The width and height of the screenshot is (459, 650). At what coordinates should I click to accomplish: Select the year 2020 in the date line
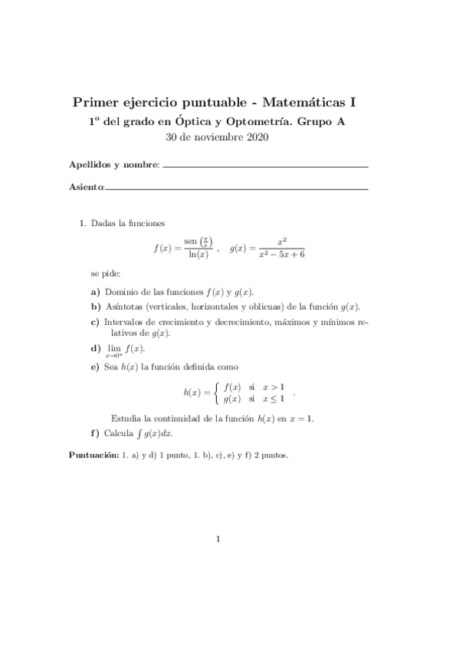[x=257, y=138]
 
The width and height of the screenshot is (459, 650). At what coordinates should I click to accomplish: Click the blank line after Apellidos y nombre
[x=265, y=166]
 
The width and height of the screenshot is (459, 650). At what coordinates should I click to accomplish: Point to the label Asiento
[x=85, y=186]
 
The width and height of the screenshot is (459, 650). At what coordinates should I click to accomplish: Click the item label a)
[x=95, y=292]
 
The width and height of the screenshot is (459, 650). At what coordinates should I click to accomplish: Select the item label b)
[x=95, y=307]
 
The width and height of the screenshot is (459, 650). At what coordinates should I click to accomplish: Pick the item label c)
[x=95, y=322]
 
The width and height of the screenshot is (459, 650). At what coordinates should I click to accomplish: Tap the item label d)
[x=95, y=348]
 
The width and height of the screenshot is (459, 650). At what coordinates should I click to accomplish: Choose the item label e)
[x=95, y=368]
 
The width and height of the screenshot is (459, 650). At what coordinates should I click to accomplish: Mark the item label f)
[x=95, y=433]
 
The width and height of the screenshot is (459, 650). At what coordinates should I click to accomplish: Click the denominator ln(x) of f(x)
[x=198, y=255]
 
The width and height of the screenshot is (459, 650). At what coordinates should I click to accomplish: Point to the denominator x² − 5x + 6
[x=282, y=255]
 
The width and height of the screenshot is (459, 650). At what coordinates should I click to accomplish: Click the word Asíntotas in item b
[x=125, y=307]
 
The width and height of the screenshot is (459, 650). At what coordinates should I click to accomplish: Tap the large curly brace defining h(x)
[x=206, y=392]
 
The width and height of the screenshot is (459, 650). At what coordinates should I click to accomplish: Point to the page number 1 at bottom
[x=218, y=539]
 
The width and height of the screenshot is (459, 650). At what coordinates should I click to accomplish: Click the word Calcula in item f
[x=118, y=433]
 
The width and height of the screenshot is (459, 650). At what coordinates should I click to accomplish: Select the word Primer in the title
[x=93, y=102]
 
